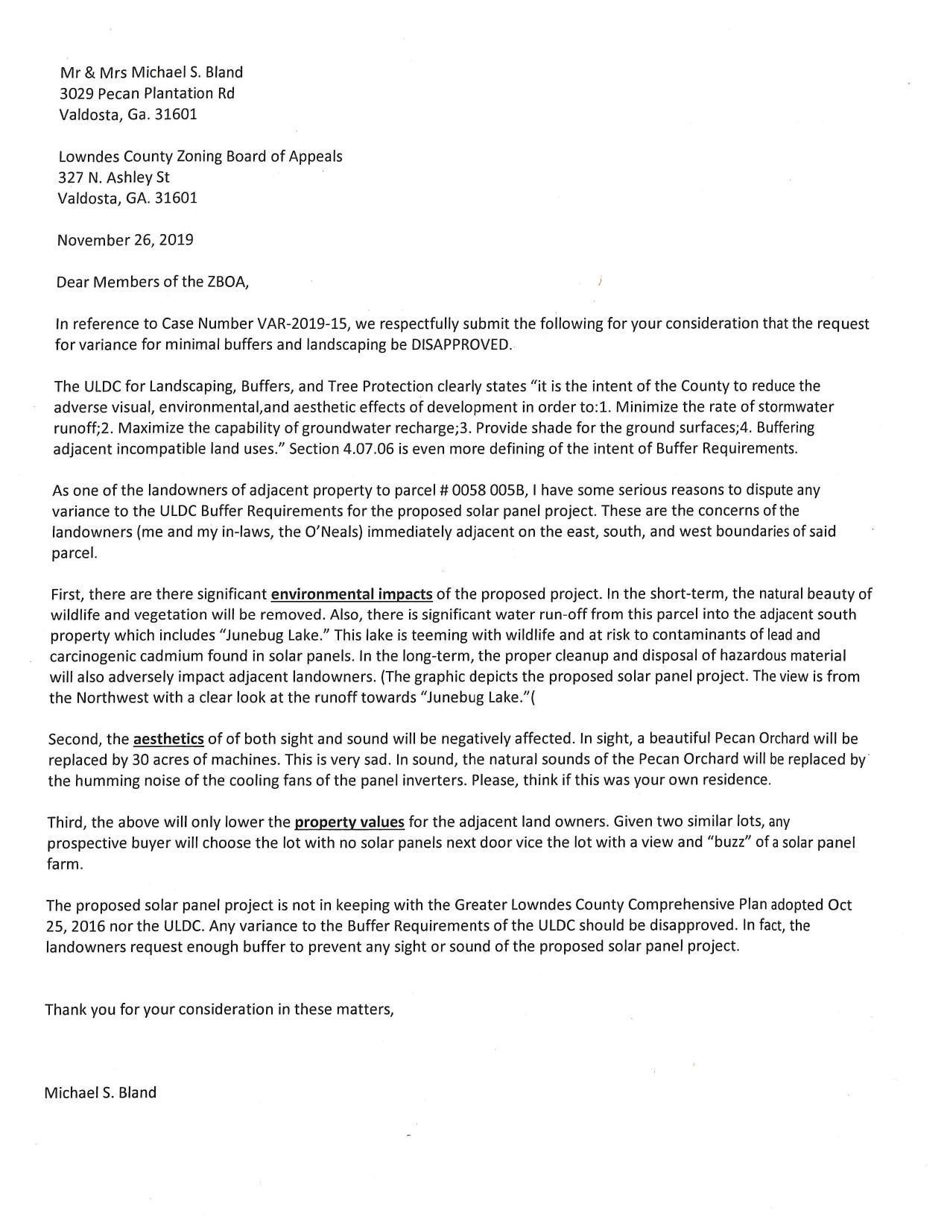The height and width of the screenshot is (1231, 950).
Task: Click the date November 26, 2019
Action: tap(125, 240)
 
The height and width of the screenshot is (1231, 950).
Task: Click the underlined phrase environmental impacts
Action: tap(352, 594)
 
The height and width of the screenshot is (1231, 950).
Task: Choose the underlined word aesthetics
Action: tap(168, 739)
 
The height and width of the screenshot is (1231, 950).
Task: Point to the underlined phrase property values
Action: tap(349, 822)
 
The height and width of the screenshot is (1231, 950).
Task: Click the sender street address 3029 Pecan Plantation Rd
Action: tap(147, 93)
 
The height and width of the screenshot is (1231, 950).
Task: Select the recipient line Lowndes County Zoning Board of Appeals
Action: tap(200, 157)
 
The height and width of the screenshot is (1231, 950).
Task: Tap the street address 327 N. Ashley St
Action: tap(114, 177)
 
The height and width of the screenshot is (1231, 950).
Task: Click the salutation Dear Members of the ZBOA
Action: tap(152, 282)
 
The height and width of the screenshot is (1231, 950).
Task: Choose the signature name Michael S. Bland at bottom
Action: tap(101, 1093)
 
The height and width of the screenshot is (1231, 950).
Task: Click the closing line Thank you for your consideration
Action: tap(219, 1010)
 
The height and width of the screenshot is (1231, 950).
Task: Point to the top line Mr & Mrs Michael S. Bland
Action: tap(151, 72)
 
